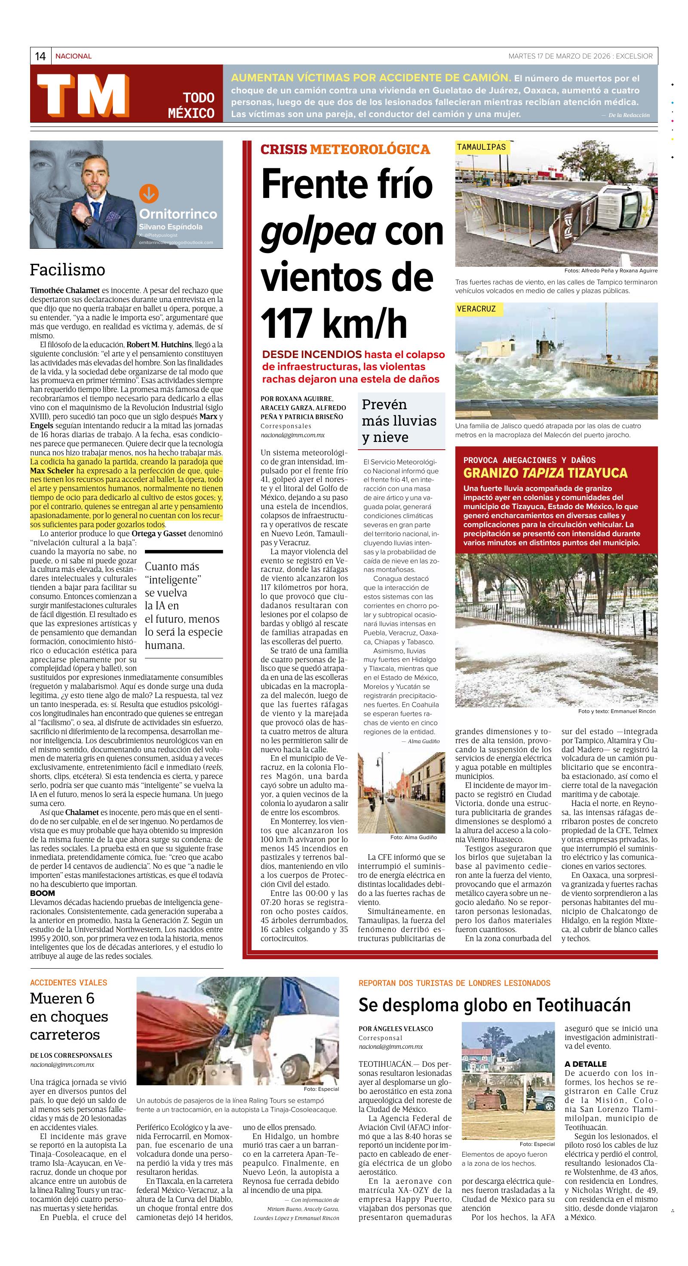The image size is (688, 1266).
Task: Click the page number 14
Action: click(x=40, y=56)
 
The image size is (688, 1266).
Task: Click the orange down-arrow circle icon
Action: click(x=149, y=194)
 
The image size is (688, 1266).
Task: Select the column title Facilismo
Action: click(x=67, y=270)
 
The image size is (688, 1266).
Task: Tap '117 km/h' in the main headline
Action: click(x=334, y=323)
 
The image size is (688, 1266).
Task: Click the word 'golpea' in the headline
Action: click(x=318, y=231)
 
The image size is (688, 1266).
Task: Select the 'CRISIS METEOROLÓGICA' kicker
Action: click(x=345, y=149)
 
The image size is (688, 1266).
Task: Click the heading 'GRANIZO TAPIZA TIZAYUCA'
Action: click(x=545, y=473)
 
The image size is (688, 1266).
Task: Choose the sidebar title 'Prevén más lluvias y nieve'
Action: click(x=399, y=421)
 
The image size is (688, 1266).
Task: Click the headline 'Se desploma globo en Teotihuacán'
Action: click(x=494, y=1005)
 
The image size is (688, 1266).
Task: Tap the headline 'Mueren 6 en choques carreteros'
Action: click(x=68, y=1016)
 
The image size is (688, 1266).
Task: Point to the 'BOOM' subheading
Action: click(x=43, y=893)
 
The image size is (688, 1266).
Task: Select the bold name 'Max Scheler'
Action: click(x=52, y=471)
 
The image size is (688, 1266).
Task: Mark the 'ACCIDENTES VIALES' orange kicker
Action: click(x=68, y=982)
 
